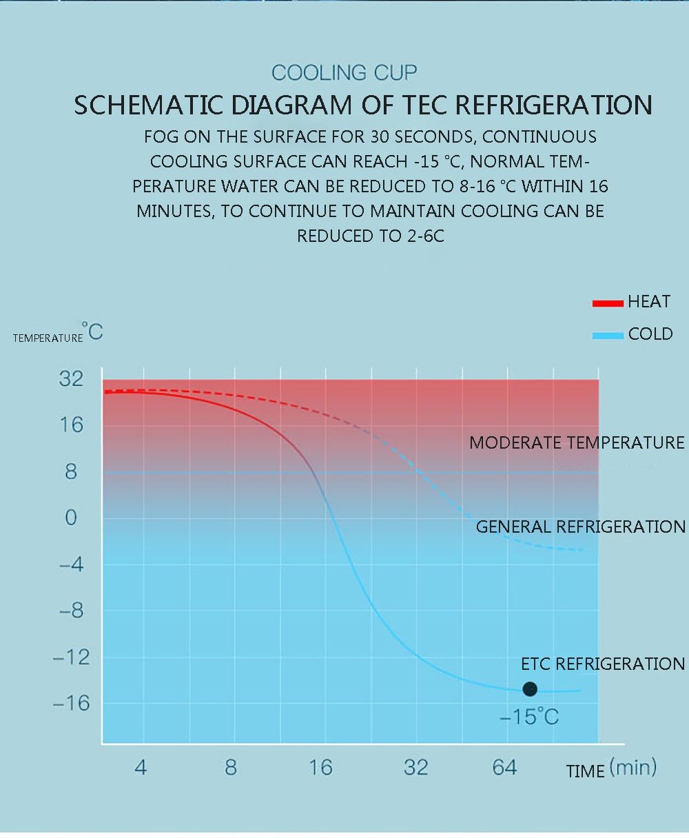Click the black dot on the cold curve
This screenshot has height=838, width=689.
530,689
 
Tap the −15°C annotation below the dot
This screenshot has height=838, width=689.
529,717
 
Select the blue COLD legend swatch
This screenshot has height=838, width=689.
607,336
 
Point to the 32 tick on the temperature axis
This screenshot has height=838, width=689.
71,378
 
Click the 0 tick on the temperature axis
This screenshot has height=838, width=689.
71,518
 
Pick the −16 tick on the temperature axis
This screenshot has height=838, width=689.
72,704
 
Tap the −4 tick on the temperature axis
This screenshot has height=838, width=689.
72,564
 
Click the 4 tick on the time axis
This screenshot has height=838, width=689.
141,768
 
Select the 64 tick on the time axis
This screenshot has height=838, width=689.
505,768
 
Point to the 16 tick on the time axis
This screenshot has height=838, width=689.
320,768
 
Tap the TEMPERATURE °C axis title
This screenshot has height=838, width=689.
58,334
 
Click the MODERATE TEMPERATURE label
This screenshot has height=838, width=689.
577,442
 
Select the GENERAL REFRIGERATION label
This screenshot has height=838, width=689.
581,527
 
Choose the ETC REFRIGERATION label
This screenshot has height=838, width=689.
603,664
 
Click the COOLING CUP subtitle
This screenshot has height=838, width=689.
344,72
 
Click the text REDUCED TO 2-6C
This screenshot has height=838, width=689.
371,236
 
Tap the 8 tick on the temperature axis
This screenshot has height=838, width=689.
71,472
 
